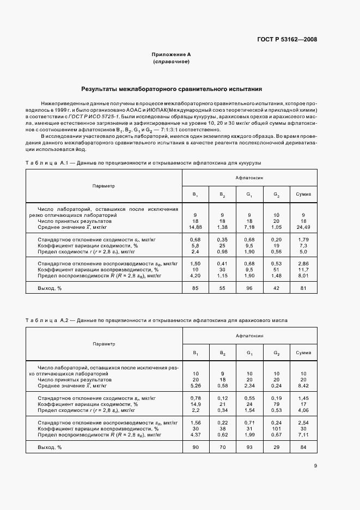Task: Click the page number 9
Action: point(315,465)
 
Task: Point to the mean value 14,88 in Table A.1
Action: point(195,227)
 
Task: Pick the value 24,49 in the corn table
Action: point(303,227)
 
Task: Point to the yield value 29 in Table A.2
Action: point(277,447)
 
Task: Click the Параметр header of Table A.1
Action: point(103,186)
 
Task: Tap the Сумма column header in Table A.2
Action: point(303,353)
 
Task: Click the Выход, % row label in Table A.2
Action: point(50,447)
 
